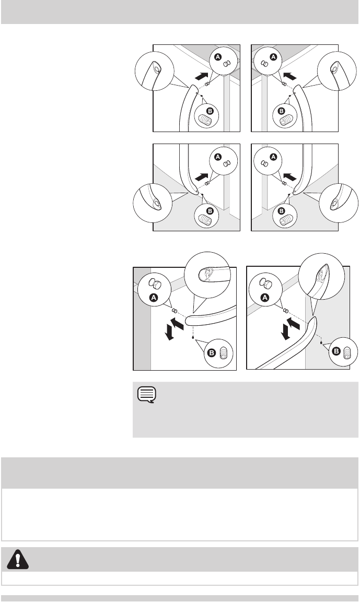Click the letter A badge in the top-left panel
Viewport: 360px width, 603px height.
tap(218, 57)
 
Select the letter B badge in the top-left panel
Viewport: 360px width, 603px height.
tap(210, 111)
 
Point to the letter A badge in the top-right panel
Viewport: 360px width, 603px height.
tap(273, 57)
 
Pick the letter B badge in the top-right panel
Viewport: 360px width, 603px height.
tap(281, 111)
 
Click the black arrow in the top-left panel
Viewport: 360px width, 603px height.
tap(202, 76)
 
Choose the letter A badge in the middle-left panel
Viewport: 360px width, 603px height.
tap(218, 157)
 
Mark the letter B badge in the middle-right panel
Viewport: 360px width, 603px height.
tap(281, 211)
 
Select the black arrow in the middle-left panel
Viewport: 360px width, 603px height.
tap(202, 176)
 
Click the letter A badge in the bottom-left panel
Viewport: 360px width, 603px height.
tap(154, 297)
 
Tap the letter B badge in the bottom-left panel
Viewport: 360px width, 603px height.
tap(212, 353)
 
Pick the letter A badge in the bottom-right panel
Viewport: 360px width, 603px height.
tap(265, 297)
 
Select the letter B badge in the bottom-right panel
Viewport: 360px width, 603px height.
tap(336, 351)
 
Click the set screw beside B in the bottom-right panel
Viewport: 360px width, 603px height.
tap(347, 351)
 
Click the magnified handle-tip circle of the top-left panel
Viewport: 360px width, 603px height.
tap(154, 72)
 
